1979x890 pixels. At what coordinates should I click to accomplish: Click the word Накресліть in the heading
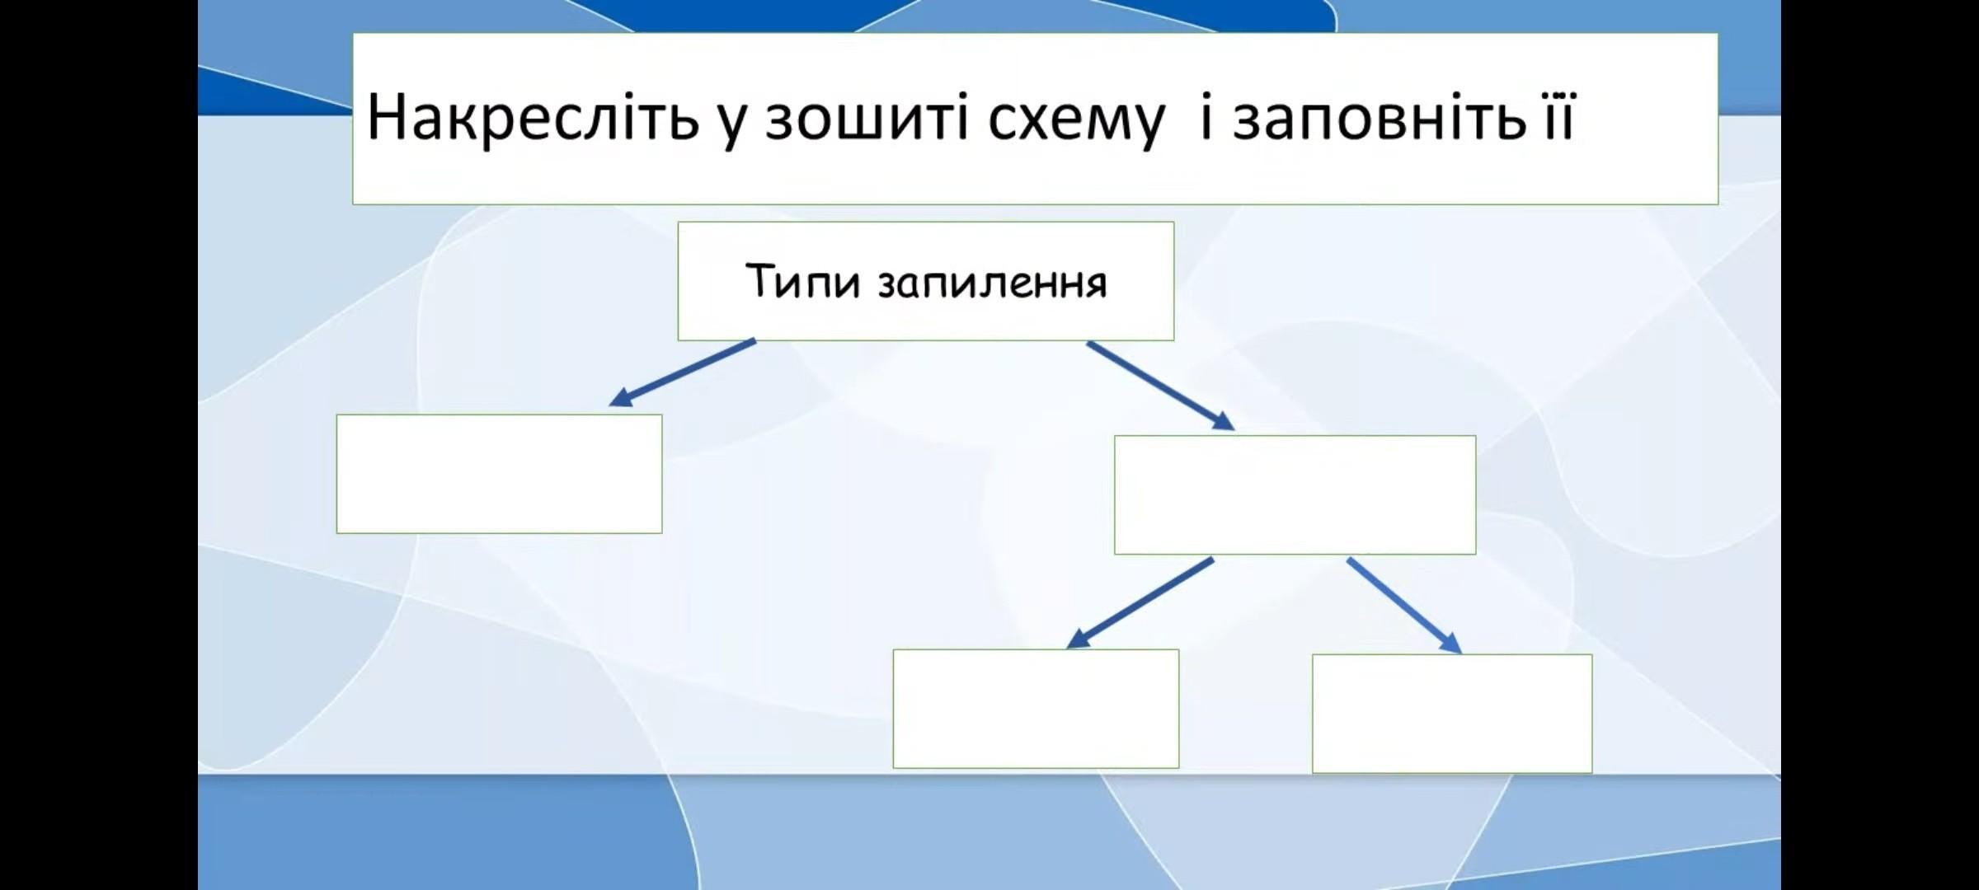pos(533,117)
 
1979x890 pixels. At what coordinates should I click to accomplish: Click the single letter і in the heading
pos(1206,117)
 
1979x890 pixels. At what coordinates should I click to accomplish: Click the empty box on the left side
pos(499,474)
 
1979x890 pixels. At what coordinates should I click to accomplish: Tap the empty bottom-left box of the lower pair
pos(1036,709)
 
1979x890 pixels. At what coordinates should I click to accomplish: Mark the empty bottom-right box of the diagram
pos(1452,714)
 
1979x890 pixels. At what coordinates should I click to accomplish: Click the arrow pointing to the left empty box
pos(682,372)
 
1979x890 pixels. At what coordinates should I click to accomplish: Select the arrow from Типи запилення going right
pos(1160,386)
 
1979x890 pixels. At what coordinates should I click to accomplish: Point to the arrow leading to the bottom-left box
pos(1140,603)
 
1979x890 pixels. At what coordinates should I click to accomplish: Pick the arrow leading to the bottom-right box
pos(1404,606)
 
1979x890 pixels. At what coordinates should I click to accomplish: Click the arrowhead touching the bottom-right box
pos(1450,643)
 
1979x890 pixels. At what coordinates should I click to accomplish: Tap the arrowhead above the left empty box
pos(622,397)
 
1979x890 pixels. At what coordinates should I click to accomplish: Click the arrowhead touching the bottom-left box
pos(1079,639)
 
